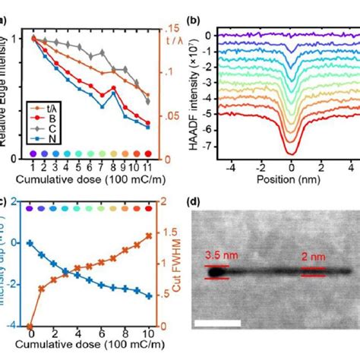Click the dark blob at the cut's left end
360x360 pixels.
pyautogui.click(x=216, y=270)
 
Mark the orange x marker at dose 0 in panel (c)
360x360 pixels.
pyautogui.click(x=30, y=326)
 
